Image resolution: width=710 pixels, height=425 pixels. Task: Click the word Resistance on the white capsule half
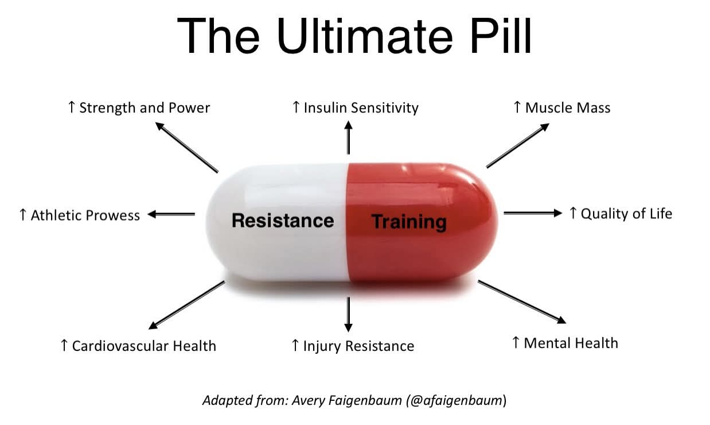283,221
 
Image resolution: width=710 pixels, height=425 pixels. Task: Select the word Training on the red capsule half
409,222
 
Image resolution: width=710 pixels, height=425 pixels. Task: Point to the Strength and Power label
139,108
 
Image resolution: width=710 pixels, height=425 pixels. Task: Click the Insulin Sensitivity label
356,108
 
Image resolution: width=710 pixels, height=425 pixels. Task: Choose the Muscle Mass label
561,108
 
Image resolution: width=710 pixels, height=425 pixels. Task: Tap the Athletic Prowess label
80,215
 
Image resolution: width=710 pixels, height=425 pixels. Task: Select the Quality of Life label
621,214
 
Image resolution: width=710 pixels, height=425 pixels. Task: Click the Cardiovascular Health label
138,346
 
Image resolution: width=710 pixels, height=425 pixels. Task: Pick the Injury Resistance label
353,346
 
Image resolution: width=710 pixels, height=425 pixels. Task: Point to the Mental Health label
565,343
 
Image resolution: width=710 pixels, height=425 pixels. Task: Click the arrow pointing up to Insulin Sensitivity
348,137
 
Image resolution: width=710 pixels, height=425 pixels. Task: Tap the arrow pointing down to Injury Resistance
348,315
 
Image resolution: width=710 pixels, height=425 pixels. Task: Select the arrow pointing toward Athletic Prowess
171,214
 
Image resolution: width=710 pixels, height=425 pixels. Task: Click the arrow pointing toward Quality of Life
533,213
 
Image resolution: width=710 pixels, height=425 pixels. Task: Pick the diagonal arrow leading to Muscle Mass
518,145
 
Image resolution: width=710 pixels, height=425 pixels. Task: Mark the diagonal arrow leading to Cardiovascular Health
187,305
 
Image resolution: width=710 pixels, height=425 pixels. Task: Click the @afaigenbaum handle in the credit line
455,400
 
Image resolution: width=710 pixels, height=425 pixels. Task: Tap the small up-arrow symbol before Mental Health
516,342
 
